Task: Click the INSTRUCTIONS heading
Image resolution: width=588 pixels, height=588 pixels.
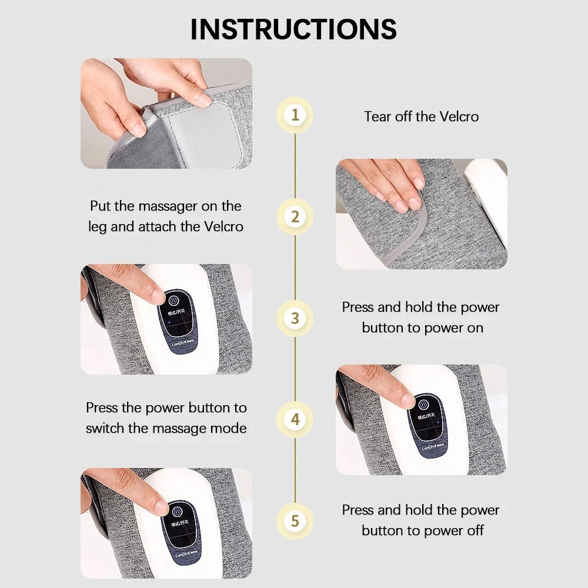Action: (293, 29)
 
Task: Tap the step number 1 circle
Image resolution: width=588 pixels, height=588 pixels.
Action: (295, 115)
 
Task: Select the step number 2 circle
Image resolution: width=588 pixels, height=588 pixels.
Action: (295, 216)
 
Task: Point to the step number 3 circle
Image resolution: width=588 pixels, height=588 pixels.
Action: (295, 318)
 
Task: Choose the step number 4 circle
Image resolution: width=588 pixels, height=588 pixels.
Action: (295, 420)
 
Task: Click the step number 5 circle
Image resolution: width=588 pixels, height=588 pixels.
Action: (295, 521)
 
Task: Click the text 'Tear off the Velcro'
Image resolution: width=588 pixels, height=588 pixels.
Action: (421, 116)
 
